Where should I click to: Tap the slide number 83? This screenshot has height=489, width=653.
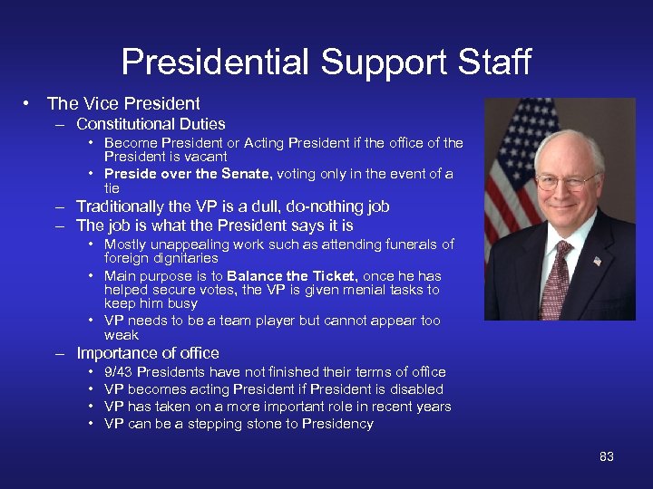[607, 456]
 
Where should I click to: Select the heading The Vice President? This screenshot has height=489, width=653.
[123, 103]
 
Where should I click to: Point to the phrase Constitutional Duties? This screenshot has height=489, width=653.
[151, 124]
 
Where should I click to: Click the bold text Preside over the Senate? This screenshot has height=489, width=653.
[188, 174]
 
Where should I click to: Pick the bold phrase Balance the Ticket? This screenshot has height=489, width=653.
[283, 276]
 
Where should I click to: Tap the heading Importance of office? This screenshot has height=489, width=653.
[148, 353]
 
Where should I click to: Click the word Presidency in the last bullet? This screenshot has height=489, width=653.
[337, 424]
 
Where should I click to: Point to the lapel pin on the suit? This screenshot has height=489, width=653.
[597, 261]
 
